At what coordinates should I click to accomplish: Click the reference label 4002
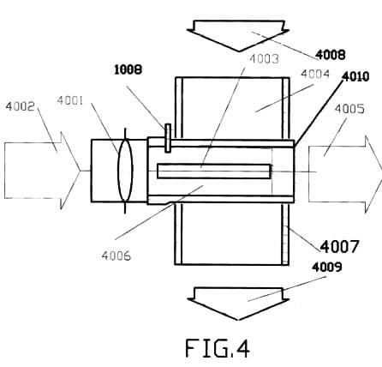20,106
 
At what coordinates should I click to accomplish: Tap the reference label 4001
70,100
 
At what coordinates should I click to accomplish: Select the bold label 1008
128,69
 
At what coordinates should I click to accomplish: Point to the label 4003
264,59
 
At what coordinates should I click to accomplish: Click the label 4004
315,74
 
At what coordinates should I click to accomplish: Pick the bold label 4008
331,55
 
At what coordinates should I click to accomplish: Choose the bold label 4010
355,76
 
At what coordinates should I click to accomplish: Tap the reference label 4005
349,109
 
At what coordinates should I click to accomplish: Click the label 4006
116,256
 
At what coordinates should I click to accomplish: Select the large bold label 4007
339,247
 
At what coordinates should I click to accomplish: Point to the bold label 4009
327,268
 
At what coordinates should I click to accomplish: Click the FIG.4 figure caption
218,348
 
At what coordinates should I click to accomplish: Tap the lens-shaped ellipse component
125,171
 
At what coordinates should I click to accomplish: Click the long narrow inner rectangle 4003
214,171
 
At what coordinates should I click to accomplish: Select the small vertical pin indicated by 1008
168,138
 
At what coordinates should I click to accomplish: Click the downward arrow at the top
238,36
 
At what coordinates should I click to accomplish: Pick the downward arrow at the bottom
238,304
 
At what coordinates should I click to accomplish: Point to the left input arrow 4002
42,171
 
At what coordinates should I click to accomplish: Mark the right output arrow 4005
345,175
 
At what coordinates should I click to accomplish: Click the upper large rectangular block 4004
232,109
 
